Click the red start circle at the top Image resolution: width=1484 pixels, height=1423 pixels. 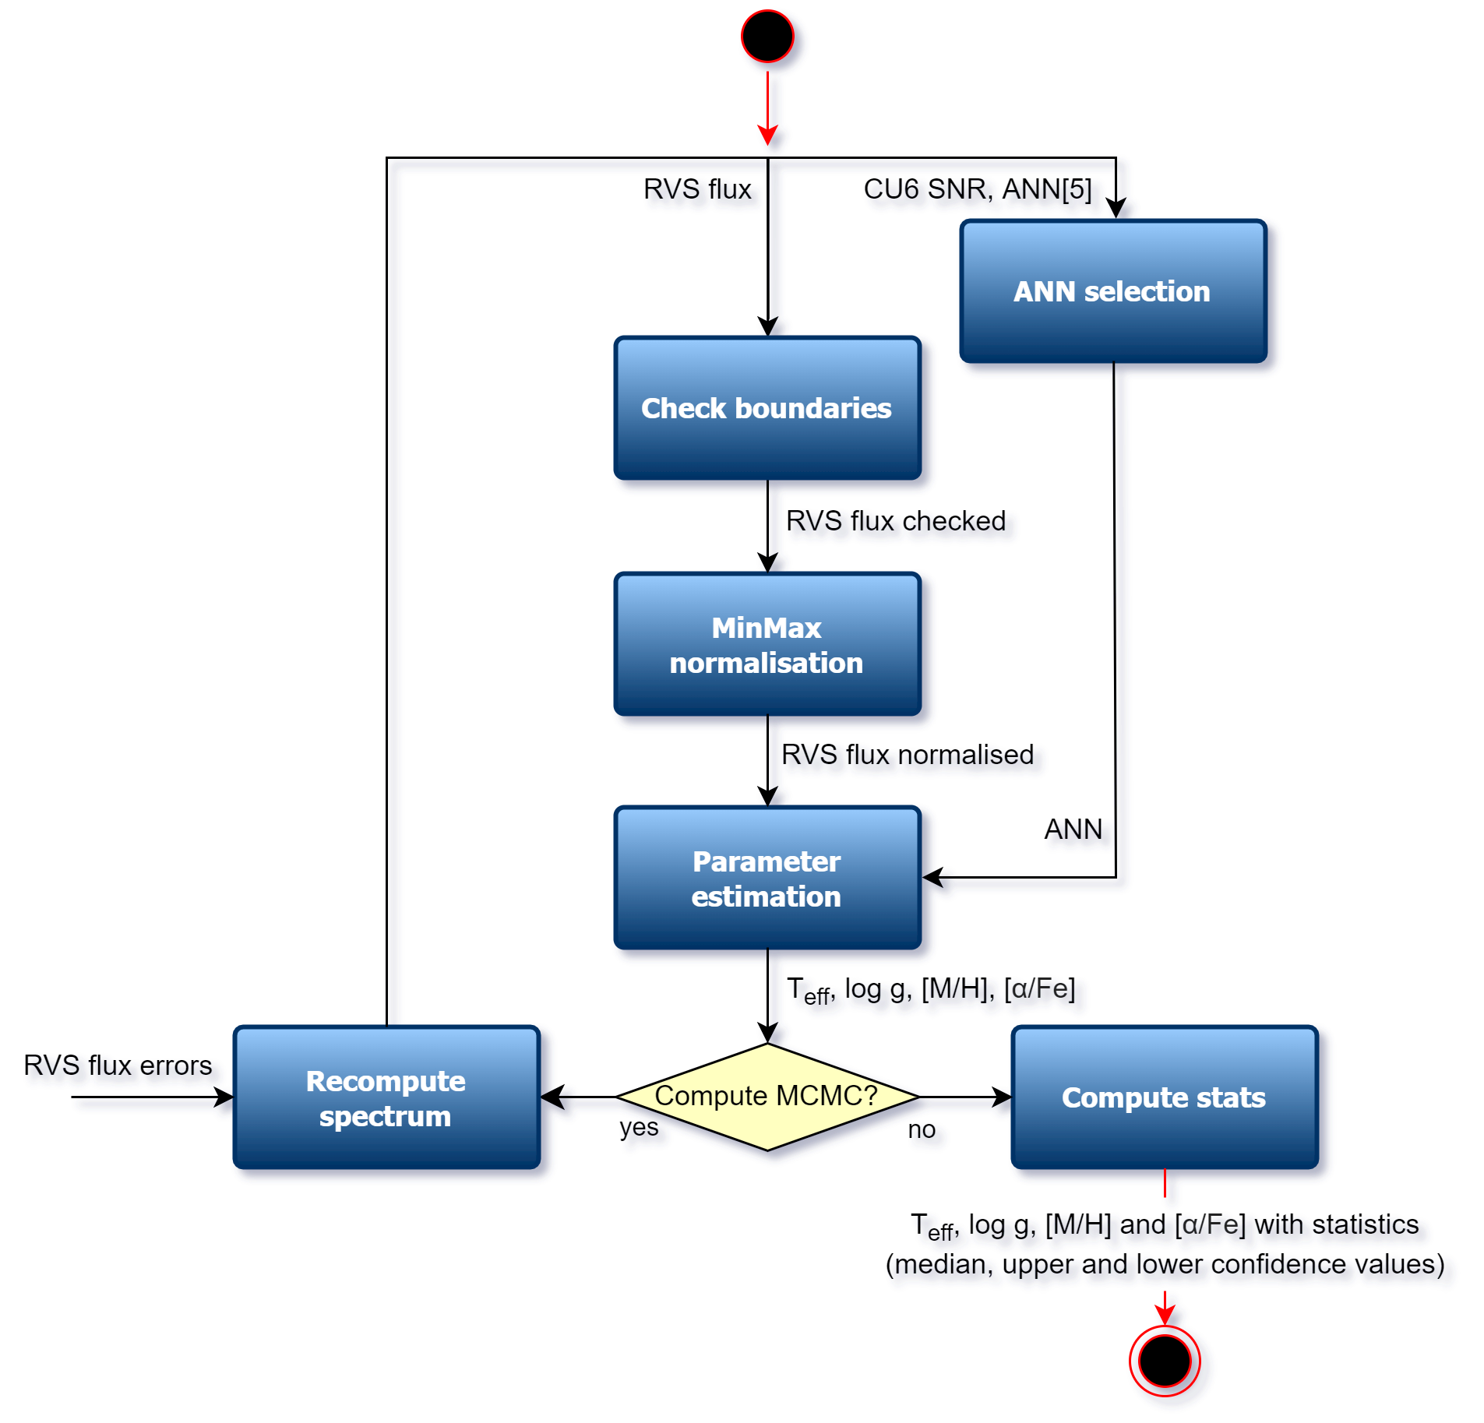767,37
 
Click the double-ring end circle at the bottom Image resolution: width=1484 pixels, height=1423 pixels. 1165,1361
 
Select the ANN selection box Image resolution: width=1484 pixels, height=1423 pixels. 1112,292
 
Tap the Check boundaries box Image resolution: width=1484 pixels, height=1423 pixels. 767,409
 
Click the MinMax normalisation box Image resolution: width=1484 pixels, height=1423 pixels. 767,645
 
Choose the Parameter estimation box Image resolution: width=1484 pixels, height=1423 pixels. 767,879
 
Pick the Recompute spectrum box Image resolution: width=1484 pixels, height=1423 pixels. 386,1098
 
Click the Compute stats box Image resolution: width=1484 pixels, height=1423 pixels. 1164,1098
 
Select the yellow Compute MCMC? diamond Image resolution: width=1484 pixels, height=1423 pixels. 767,1096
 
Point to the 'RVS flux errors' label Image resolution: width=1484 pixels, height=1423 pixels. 121,1065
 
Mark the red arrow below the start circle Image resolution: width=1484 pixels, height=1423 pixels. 768,109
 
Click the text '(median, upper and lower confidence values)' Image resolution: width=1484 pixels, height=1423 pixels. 1169,1265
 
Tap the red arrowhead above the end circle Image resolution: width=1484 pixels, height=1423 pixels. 1165,1316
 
